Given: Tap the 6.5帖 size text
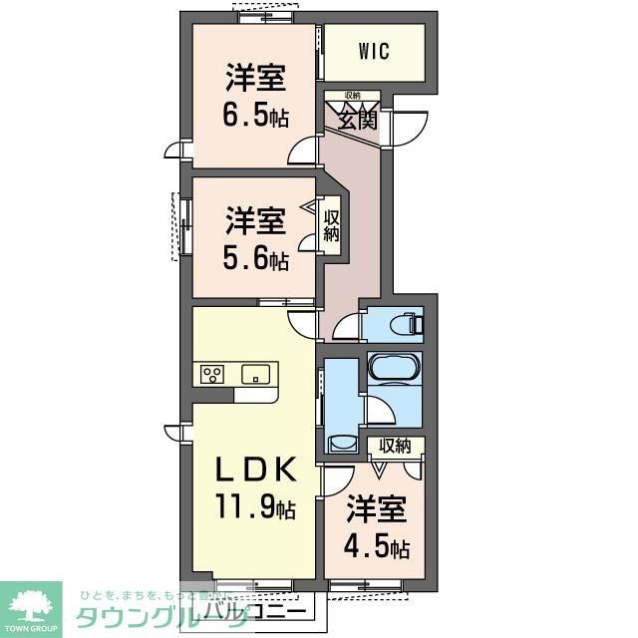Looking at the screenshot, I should point(256,117).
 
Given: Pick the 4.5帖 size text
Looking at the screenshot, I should point(375,547).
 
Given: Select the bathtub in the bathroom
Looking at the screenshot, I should point(394,368).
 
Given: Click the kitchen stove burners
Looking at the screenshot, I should point(211,375).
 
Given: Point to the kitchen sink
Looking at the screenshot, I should point(255,375).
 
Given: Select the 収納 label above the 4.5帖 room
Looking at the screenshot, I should point(395,446).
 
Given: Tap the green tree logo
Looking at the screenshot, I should point(30,603).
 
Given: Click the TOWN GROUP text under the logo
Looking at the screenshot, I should point(30,630).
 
